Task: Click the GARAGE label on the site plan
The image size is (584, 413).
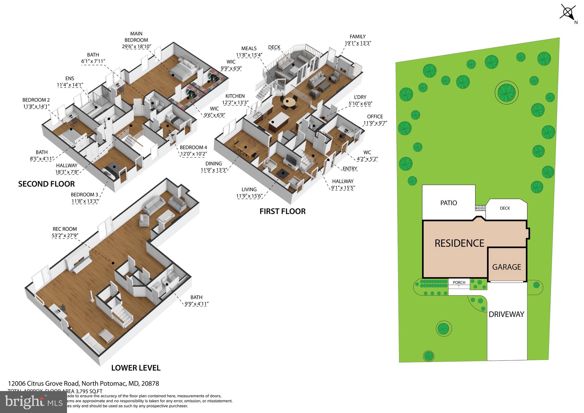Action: coord(506,267)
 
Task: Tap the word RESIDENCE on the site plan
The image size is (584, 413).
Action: coord(459,243)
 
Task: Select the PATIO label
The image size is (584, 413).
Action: coord(449,203)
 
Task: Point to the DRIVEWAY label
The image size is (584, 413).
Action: coord(506,314)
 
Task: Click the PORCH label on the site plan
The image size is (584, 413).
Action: coord(459,282)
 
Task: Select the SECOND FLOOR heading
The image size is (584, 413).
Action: coord(46,184)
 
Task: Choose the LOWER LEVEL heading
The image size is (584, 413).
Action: coord(136,368)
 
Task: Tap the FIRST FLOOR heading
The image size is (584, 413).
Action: coord(282,211)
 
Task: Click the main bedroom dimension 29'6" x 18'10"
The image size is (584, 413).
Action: coord(136,46)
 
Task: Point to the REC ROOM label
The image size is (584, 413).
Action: coord(65,229)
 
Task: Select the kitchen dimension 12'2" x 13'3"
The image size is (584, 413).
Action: coord(235,103)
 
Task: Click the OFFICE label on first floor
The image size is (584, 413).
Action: coord(375,117)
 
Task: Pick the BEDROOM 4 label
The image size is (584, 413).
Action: coord(193,147)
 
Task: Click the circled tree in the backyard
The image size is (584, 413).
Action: coord(506,92)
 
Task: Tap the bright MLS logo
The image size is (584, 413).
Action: coord(33,402)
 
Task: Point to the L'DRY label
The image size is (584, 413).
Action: coord(360,97)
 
